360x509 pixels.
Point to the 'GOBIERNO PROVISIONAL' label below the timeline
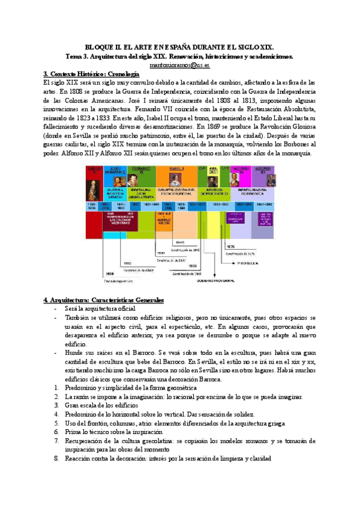coord(215,279)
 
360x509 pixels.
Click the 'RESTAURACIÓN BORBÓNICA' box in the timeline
coord(253,194)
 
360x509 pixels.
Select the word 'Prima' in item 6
coord(74,432)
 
